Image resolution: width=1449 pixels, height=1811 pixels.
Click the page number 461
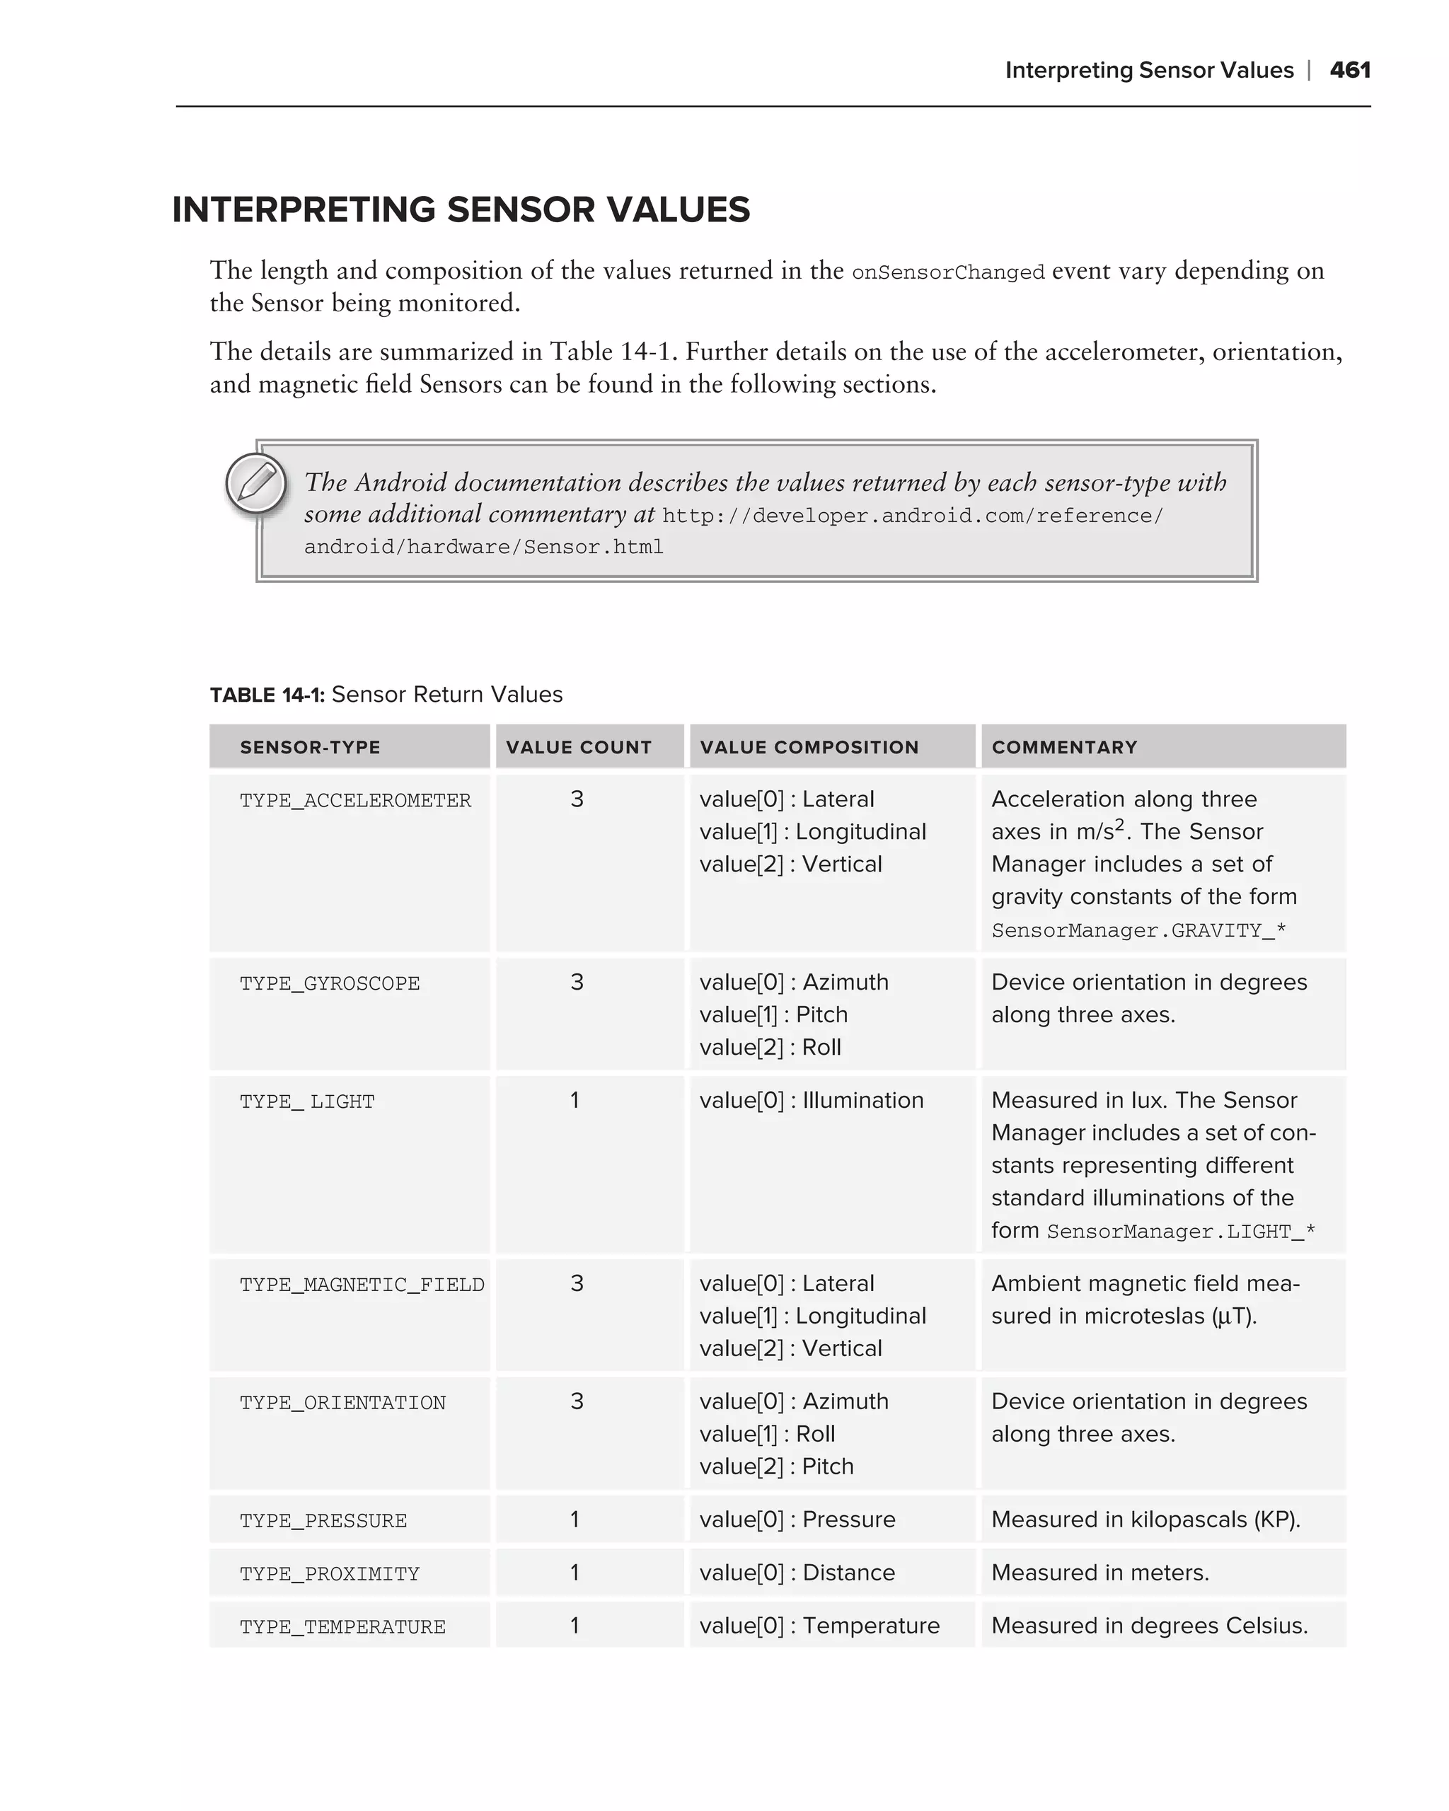coord(1350,70)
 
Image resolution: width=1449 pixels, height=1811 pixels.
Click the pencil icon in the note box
coord(256,484)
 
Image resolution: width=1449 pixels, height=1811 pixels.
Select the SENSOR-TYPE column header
coord(310,747)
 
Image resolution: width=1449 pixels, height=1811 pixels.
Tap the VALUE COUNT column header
coord(579,747)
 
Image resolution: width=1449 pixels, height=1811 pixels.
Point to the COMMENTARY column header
coord(1064,747)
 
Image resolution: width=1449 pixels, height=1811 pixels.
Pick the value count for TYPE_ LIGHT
coord(575,1100)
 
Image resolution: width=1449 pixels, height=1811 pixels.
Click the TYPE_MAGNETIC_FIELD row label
coord(362,1285)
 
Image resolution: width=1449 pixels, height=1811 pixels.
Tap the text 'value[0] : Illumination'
coord(812,1100)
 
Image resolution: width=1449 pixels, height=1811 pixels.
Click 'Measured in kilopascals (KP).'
coord(1145,1520)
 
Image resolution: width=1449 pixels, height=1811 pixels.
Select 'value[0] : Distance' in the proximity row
coord(797,1573)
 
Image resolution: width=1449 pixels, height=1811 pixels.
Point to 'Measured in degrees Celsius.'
coord(1149,1626)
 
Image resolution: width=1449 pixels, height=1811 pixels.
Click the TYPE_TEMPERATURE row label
coord(342,1627)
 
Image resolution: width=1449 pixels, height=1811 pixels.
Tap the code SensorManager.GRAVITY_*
coord(1138,931)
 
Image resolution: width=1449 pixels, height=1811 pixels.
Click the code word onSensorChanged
coord(947,273)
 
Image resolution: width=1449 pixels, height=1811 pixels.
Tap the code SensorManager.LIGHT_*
coord(1180,1232)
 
